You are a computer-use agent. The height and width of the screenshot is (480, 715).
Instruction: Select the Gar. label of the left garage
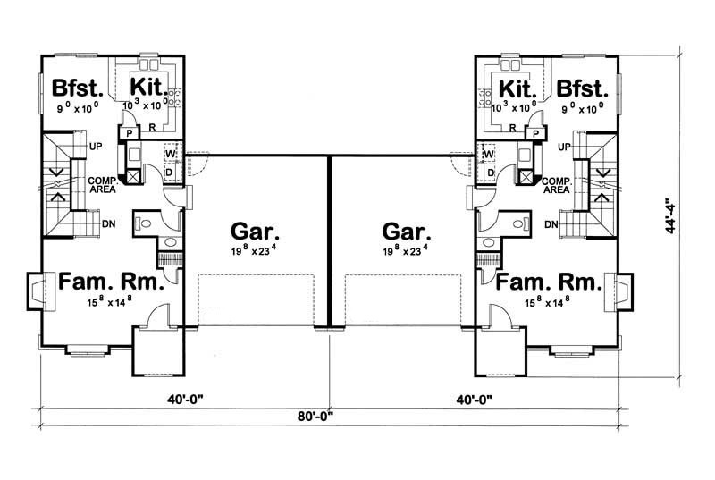pos(248,230)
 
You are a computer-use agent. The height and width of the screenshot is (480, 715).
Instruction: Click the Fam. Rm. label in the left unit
pos(111,284)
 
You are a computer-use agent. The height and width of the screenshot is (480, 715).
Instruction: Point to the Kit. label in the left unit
pos(147,88)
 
